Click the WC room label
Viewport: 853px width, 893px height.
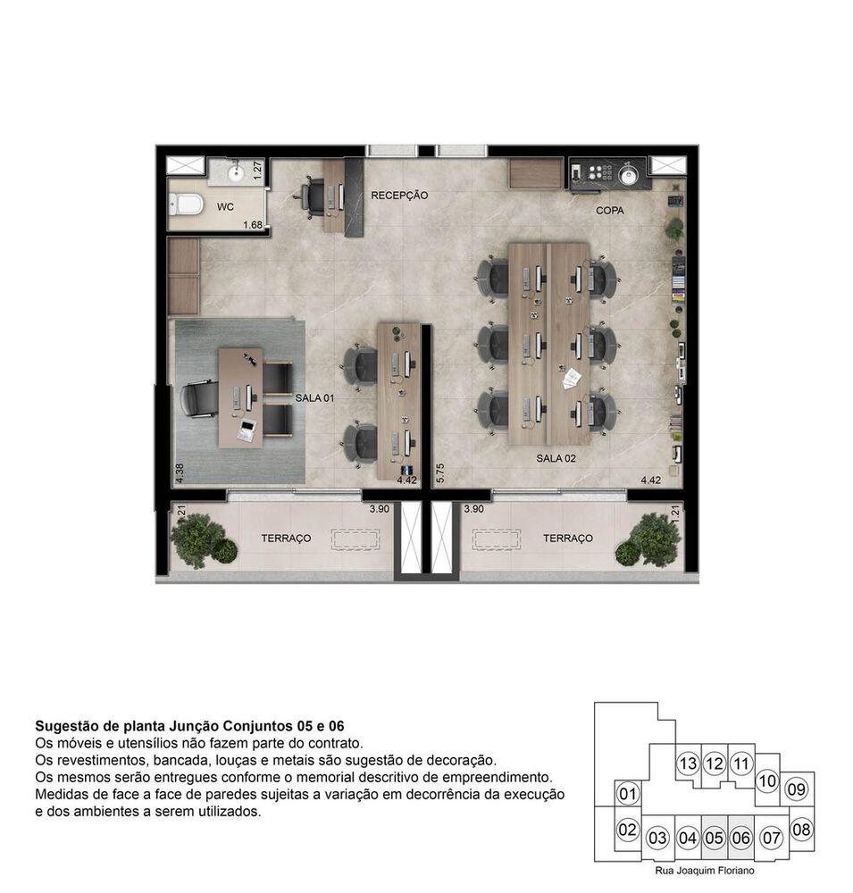click(x=226, y=207)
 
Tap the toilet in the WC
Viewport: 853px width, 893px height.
click(x=184, y=205)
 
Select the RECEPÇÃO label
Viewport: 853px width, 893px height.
click(x=399, y=195)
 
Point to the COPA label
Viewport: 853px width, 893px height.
click(x=610, y=211)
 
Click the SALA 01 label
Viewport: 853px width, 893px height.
click(x=314, y=398)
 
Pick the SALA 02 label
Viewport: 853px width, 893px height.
click(x=556, y=458)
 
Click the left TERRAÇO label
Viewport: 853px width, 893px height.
click(x=286, y=538)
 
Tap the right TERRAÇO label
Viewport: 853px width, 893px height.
click(x=568, y=538)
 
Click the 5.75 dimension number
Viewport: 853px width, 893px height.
click(x=439, y=472)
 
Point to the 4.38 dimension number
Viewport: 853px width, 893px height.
click(x=180, y=472)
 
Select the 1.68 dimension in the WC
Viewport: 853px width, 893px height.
click(x=253, y=224)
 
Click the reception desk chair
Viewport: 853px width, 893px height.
click(x=313, y=196)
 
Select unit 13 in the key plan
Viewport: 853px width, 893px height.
click(x=687, y=764)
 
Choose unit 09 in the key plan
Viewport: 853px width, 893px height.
click(x=797, y=789)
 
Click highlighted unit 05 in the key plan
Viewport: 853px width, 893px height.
click(x=714, y=839)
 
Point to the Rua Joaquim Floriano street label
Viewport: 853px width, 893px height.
click(x=704, y=868)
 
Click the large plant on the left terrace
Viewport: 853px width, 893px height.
click(x=197, y=538)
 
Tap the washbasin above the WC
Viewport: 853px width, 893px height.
click(x=237, y=171)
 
